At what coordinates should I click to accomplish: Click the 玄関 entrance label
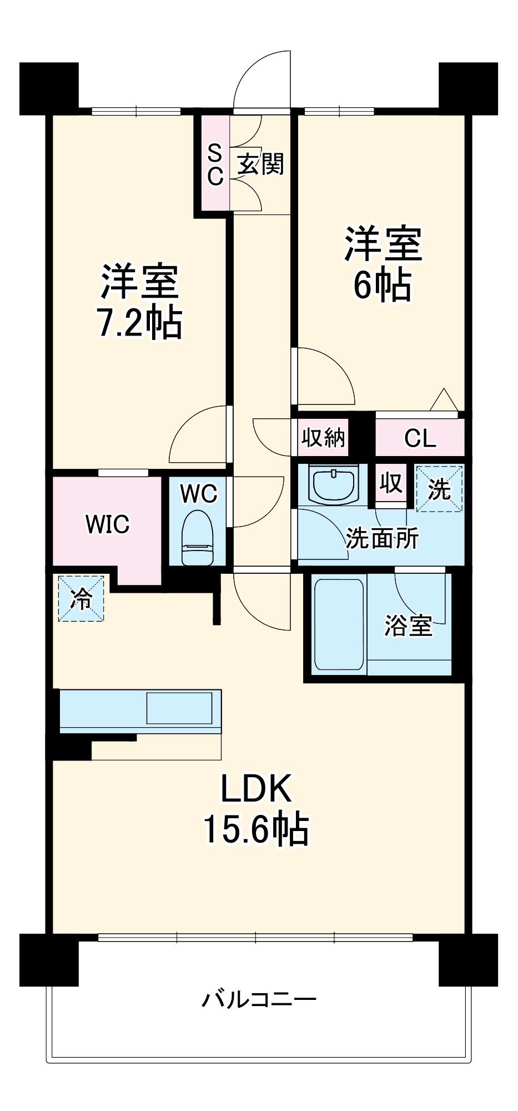[260, 164]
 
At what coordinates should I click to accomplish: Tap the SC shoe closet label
[215, 164]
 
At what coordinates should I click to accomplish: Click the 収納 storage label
[323, 438]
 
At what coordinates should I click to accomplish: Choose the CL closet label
[420, 438]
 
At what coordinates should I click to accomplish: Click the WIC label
[108, 524]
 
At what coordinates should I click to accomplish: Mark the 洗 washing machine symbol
[439, 488]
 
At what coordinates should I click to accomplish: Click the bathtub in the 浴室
[339, 624]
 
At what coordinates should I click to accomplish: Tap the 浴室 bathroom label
[409, 626]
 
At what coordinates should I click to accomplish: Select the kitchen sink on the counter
[179, 708]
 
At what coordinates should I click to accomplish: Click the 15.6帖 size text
[256, 829]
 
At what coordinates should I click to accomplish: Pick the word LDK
[256, 788]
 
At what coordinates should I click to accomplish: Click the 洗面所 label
[383, 538]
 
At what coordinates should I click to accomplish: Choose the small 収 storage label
[391, 483]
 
